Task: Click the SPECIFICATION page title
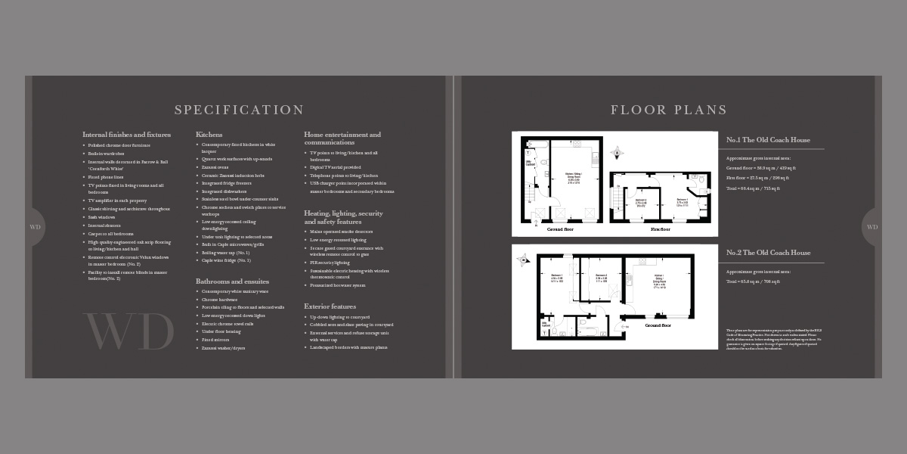coord(239,110)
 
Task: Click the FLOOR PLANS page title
coord(669,110)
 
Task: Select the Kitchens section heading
coord(209,135)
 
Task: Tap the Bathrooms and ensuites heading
coord(232,281)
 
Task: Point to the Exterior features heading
coord(330,306)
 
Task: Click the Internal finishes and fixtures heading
coord(126,135)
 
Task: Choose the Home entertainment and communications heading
coord(342,138)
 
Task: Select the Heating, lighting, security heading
coord(343,217)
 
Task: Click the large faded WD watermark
coord(128,331)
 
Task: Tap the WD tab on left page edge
coord(36,227)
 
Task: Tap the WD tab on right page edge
coord(871,227)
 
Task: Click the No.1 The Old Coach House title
coord(768,140)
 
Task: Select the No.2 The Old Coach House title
coord(768,253)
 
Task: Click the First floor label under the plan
coord(660,229)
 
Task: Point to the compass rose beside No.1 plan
coord(617,153)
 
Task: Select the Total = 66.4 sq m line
coord(753,188)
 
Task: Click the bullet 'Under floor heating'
coord(221,331)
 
